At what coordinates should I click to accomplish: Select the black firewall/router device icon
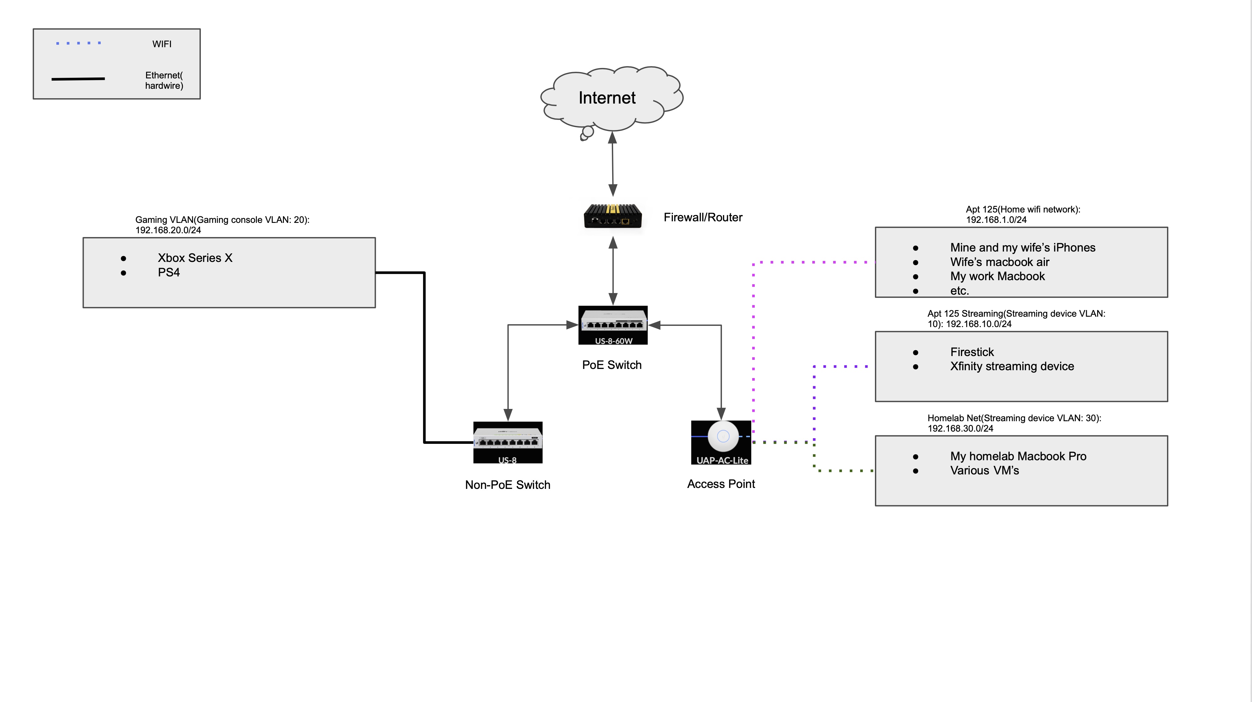click(613, 217)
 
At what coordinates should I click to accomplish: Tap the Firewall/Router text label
click(703, 217)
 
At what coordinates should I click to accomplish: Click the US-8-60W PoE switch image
click(613, 325)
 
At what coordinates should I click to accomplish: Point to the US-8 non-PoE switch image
click(508, 442)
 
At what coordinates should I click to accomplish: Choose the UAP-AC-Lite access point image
click(721, 442)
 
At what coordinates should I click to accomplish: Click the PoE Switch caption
click(612, 365)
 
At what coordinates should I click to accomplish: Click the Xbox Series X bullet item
click(195, 258)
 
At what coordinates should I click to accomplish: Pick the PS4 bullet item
click(169, 273)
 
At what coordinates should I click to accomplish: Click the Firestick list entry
click(972, 352)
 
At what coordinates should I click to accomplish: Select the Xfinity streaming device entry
click(1012, 366)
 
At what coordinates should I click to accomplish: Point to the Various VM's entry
click(985, 471)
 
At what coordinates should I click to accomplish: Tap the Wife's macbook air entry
click(1000, 262)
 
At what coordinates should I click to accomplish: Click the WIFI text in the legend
click(162, 44)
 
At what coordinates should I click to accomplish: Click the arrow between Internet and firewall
click(613, 164)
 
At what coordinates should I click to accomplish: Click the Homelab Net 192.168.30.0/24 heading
click(1014, 423)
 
